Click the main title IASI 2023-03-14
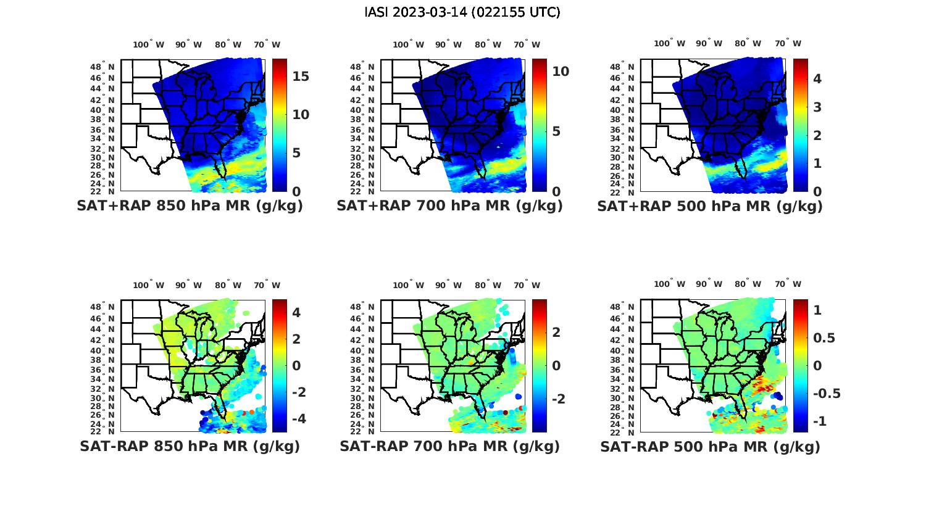click(x=462, y=12)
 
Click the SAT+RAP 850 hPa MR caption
click(x=190, y=206)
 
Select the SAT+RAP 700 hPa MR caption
click(x=449, y=206)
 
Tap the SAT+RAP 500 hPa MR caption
click(x=710, y=206)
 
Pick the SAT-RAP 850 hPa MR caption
click(x=190, y=446)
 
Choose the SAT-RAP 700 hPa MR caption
click(x=449, y=446)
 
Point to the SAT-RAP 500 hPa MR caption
click(x=710, y=446)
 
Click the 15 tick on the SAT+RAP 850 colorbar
click(x=301, y=77)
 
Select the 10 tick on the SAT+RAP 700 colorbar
click(x=561, y=72)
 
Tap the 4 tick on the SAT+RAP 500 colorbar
click(x=817, y=78)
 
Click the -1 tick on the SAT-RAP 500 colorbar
click(x=820, y=421)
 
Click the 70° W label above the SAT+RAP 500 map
click(x=788, y=43)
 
